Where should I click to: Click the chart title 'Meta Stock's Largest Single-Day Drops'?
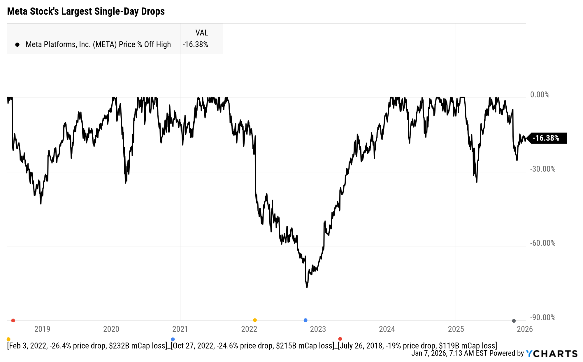pos(86,11)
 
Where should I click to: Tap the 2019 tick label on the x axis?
pos(42,329)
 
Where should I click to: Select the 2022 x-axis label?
pos(249,329)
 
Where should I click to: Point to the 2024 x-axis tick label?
pos(387,329)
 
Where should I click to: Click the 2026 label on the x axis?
pos(524,329)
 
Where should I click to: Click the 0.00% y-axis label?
pos(540,95)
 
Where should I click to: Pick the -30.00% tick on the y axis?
pos(542,169)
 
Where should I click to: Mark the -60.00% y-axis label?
pos(542,243)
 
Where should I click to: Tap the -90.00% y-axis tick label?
pos(542,317)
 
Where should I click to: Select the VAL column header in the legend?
pos(201,33)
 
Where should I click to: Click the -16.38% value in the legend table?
pos(195,44)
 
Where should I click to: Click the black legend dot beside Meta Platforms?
pos(17,45)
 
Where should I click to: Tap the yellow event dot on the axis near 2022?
pos(255,320)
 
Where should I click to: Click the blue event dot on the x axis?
pos(305,320)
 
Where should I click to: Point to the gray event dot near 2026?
pos(514,321)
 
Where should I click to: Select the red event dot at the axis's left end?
pos(13,320)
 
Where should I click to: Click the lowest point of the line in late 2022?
pos(307,287)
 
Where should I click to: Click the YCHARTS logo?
pos(552,354)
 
